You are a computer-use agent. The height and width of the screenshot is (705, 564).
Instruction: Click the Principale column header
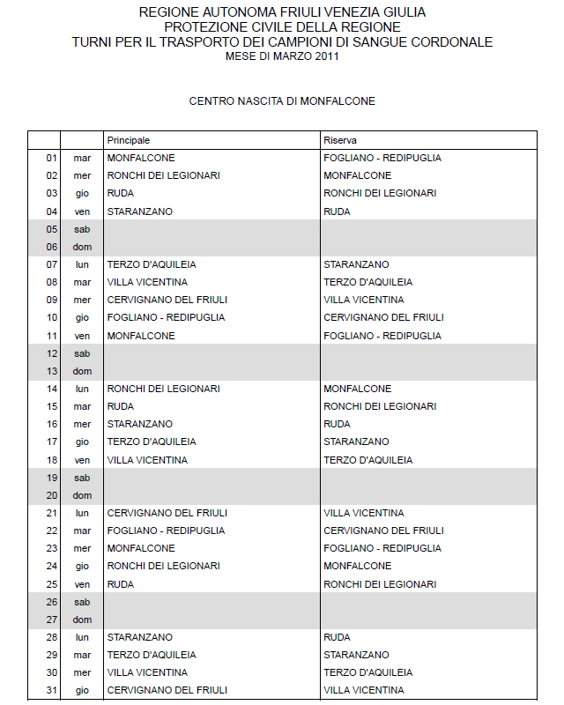tap(129, 140)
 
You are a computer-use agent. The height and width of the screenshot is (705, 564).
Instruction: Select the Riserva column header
tap(340, 140)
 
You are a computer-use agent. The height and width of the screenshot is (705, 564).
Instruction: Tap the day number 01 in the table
tap(51, 158)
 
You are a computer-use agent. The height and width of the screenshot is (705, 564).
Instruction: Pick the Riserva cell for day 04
tap(337, 211)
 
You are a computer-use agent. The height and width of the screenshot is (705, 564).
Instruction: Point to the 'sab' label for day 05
tap(83, 229)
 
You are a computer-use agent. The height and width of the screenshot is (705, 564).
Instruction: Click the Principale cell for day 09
tap(167, 300)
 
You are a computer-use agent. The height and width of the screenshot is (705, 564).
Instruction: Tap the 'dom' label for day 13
tap(83, 371)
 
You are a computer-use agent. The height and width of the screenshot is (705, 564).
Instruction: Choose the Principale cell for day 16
tap(139, 424)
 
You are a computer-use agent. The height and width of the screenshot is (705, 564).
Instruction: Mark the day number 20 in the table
tap(51, 495)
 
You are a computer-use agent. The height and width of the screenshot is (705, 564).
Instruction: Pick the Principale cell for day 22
tap(166, 531)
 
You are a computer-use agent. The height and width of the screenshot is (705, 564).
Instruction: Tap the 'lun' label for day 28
tap(83, 637)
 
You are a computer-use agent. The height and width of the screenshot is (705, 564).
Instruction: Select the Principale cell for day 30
tap(147, 672)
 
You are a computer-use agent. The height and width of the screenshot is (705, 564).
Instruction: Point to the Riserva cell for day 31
tap(364, 690)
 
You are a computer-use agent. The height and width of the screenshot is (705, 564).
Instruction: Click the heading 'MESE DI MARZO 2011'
tap(282, 56)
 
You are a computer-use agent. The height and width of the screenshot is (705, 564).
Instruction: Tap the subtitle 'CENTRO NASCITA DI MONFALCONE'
tap(282, 101)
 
